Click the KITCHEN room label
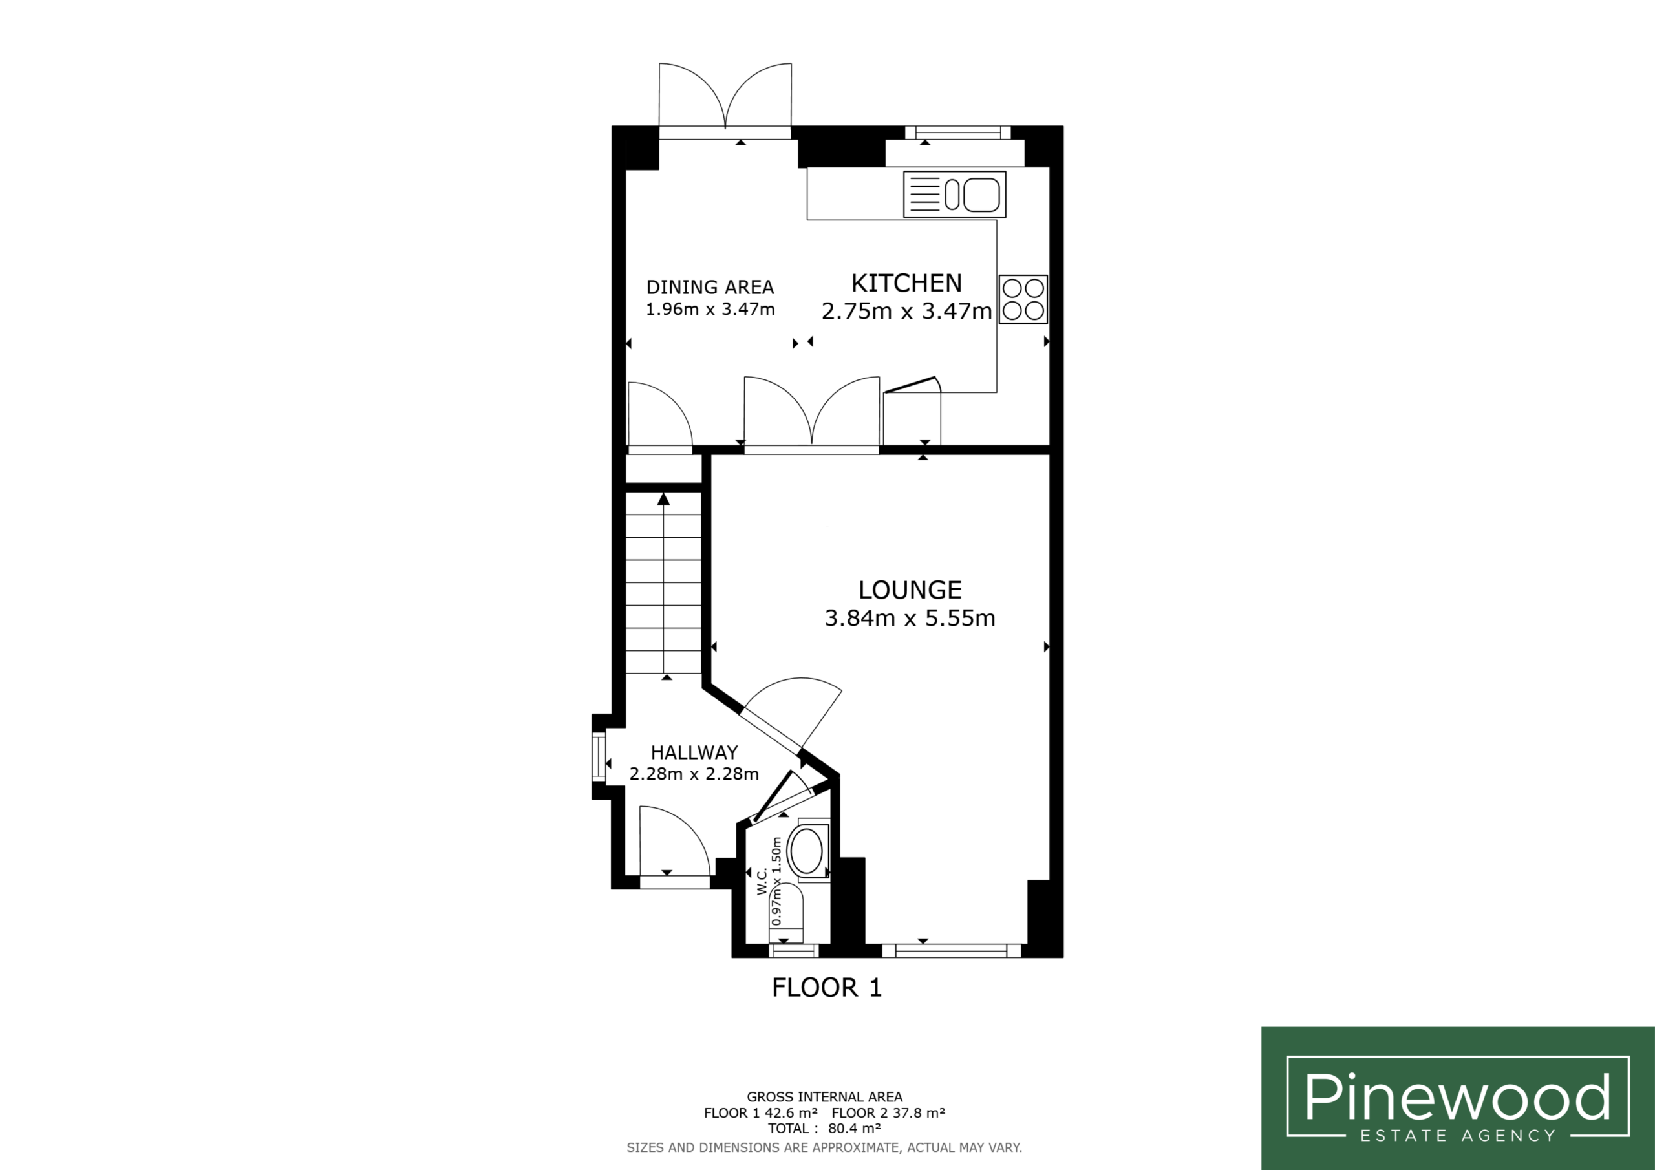coord(906,282)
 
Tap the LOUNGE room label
coord(910,590)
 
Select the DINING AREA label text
coord(710,287)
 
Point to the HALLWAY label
coord(694,752)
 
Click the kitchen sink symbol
coord(955,195)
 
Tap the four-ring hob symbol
coord(1023,299)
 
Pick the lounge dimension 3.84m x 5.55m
coord(910,619)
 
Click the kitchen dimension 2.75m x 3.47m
coord(907,312)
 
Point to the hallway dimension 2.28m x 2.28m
coord(694,774)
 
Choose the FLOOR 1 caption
coord(827,988)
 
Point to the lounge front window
coord(952,951)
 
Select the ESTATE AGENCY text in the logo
coord(1457,1135)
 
